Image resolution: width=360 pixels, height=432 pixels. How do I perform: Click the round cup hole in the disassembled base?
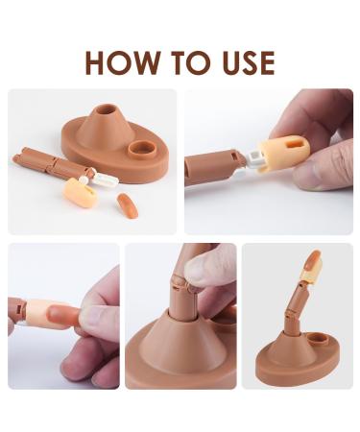(x=142, y=151)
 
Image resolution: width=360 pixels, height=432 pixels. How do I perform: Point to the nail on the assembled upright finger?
(x=313, y=258)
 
